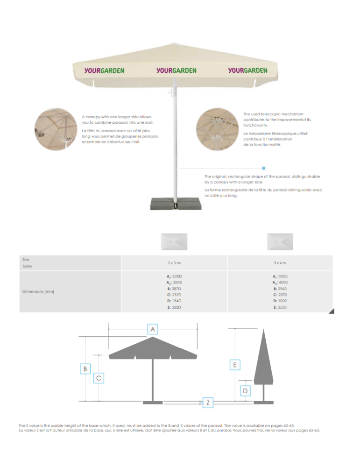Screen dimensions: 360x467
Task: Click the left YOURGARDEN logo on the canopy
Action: pos(104,71)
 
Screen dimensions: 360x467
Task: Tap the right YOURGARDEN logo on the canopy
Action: pos(248,71)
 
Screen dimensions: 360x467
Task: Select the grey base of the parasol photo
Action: pos(176,204)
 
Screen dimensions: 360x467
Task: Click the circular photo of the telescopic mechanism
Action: pos(218,129)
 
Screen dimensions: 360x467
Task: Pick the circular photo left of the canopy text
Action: pos(56,129)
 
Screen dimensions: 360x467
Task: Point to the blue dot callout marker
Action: pos(263,168)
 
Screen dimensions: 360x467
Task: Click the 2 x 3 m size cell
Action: pos(174,263)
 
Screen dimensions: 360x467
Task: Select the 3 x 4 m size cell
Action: pos(280,263)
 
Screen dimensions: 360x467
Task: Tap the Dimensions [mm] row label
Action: pos(38,291)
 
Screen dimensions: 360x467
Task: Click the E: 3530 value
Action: pos(280,307)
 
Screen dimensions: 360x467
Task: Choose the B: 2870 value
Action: pos(174,289)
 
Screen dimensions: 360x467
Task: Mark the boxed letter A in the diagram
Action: pos(153,329)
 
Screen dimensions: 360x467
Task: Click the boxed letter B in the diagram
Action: pos(85,369)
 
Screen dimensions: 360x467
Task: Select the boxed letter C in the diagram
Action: pos(99,378)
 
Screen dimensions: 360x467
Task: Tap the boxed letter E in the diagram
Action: pos(235,365)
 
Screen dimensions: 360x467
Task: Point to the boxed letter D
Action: pos(245,391)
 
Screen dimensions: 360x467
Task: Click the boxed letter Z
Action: pos(208,403)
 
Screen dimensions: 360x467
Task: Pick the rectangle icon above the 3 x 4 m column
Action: pos(280,241)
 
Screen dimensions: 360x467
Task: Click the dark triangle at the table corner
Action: pos(332,311)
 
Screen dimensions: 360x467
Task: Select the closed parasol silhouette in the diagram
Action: pos(263,366)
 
